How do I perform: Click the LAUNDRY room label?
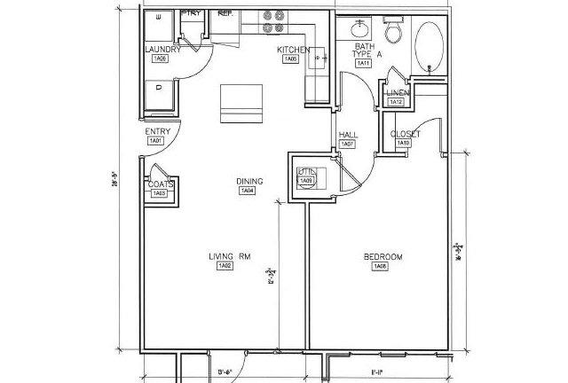162,50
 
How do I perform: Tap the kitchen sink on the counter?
318,60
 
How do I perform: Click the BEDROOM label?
383,257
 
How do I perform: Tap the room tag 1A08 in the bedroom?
379,267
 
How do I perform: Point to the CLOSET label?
406,134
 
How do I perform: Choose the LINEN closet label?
397,93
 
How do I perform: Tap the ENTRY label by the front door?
157,132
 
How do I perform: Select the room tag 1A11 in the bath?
363,63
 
